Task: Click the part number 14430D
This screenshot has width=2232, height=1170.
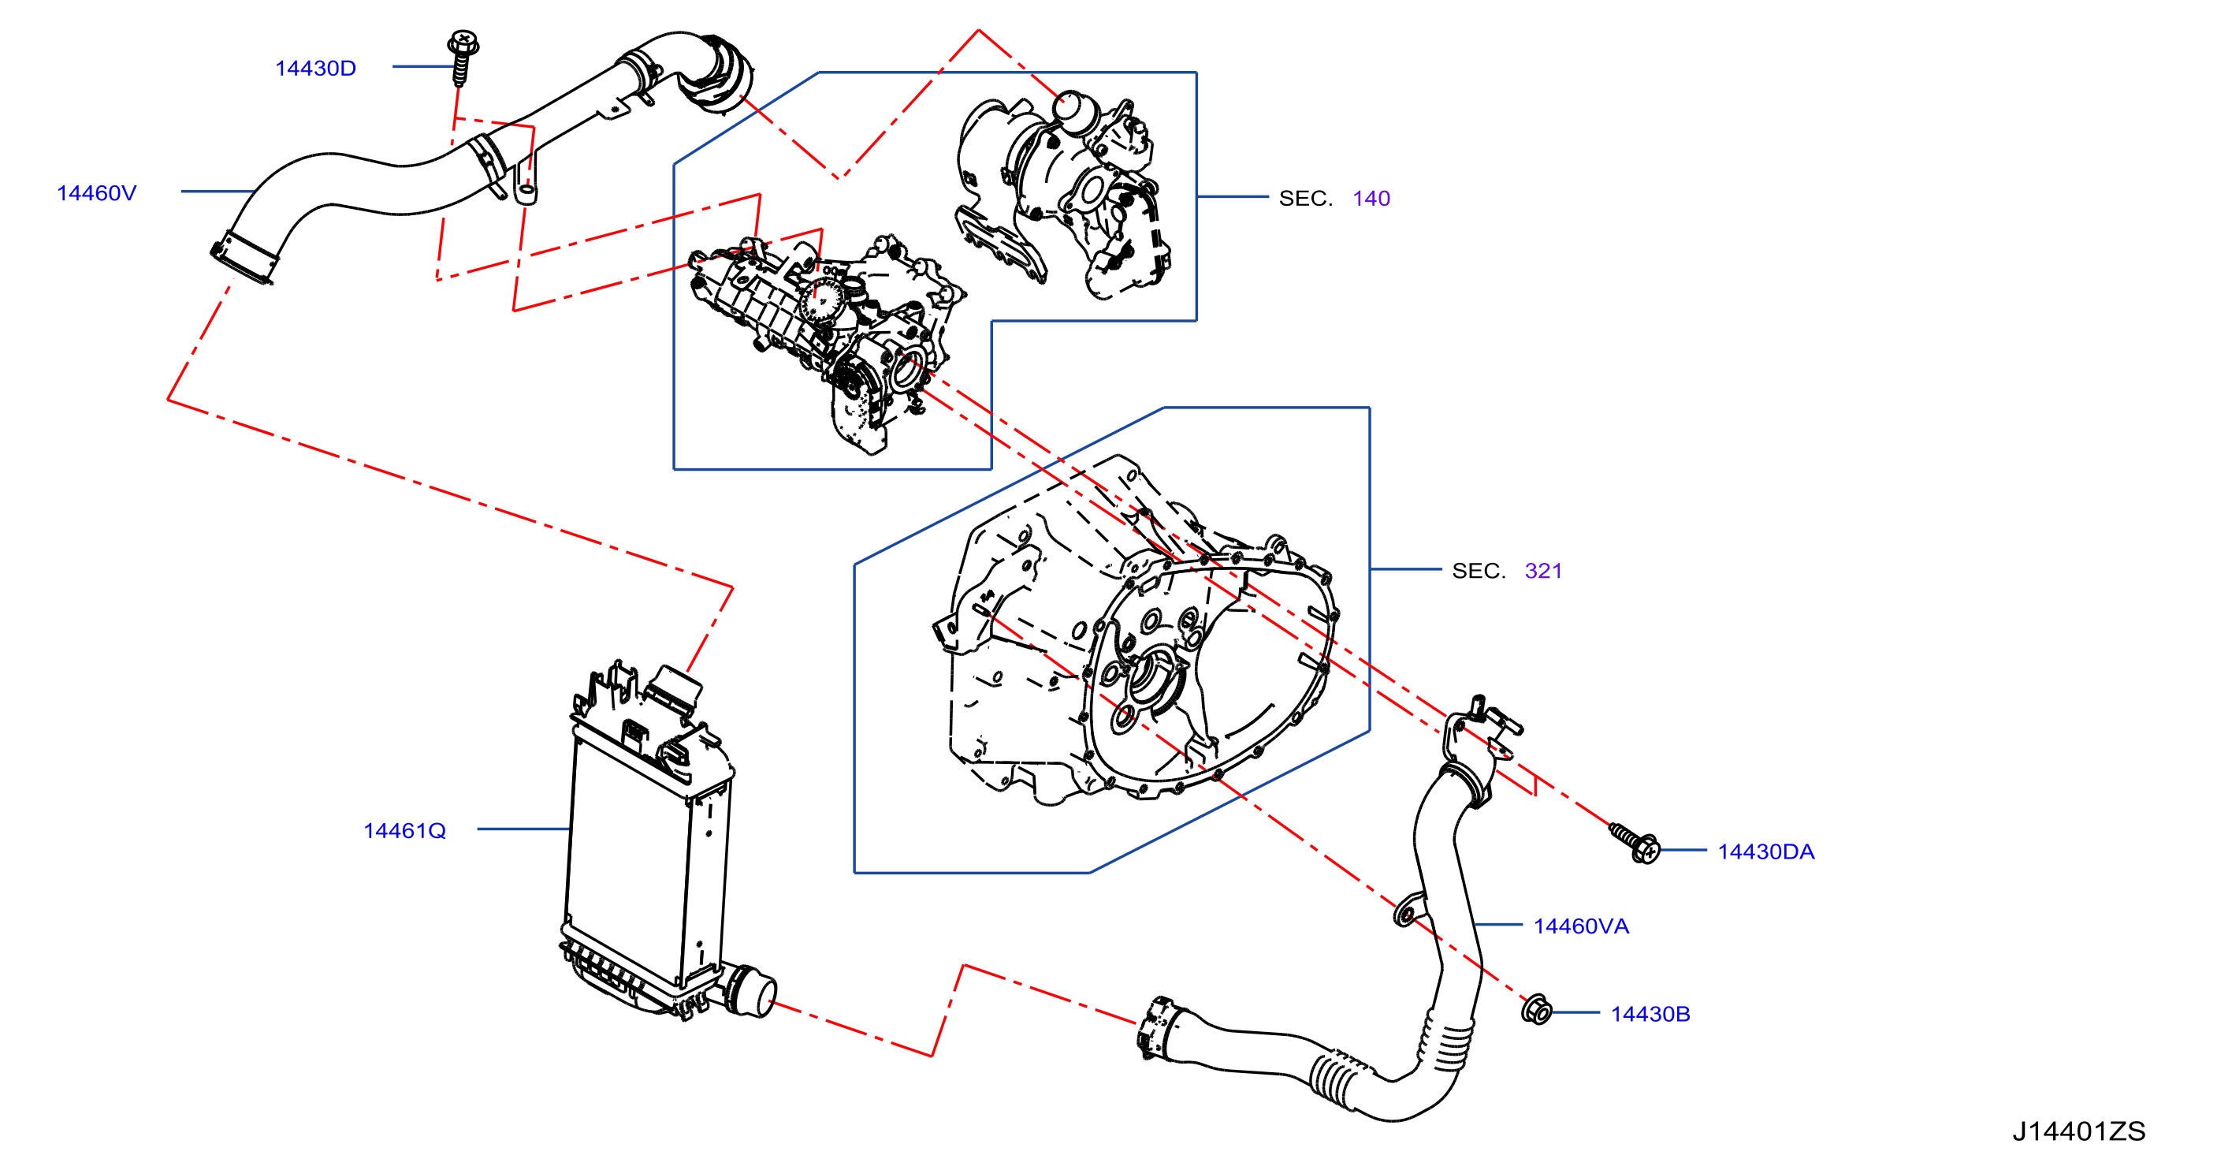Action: point(315,69)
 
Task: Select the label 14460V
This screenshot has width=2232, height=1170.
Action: point(96,193)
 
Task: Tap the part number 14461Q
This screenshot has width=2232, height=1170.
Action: point(404,831)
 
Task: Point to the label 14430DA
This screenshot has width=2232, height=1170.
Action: point(1766,852)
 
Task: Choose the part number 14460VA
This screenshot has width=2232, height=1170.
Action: point(1581,926)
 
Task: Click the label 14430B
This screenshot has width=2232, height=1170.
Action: point(1650,1014)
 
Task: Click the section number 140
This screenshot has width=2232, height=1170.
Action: point(1371,199)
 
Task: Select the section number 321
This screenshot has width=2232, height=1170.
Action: point(1543,571)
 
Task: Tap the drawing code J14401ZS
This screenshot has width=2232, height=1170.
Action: point(2078,1131)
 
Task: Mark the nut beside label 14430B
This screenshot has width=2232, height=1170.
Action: point(1537,1010)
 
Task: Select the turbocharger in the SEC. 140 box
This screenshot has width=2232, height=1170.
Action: point(1064,196)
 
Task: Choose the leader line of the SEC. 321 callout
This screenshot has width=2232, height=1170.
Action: point(1405,569)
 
